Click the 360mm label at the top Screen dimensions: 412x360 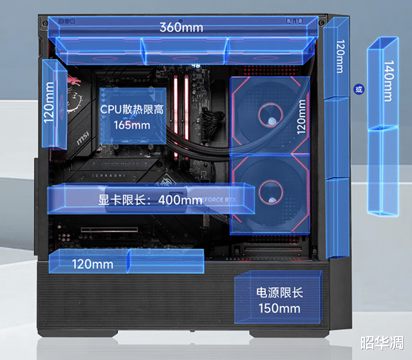pos(181,28)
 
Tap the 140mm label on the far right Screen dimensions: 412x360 pos(387,82)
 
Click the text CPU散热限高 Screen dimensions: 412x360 pos(132,109)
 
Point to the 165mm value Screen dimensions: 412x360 pos(132,125)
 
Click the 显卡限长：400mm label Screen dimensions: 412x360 pos(149,200)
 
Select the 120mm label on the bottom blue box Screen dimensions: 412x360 pos(92,264)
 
